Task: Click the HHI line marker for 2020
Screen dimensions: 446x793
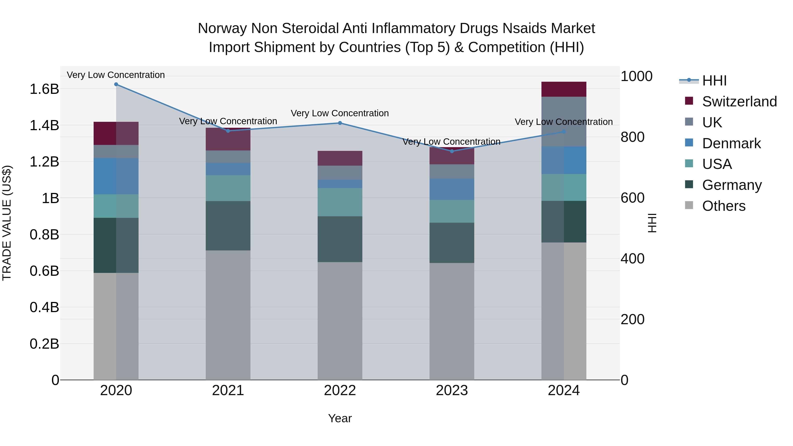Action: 116,84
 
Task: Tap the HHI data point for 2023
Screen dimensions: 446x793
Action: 452,151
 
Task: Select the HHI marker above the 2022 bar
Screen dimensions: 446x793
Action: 340,123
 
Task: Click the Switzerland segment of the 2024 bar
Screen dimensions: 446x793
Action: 564,89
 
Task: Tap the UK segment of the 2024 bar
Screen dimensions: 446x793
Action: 564,122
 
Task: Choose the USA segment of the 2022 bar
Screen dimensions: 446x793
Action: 340,202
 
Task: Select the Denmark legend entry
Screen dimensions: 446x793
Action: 731,143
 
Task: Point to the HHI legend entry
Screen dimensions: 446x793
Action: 714,81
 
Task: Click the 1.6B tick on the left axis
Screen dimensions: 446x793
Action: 44,89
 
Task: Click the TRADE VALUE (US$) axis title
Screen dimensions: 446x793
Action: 7,223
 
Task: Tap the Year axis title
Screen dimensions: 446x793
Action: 340,418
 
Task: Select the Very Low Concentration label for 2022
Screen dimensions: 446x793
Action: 340,113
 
